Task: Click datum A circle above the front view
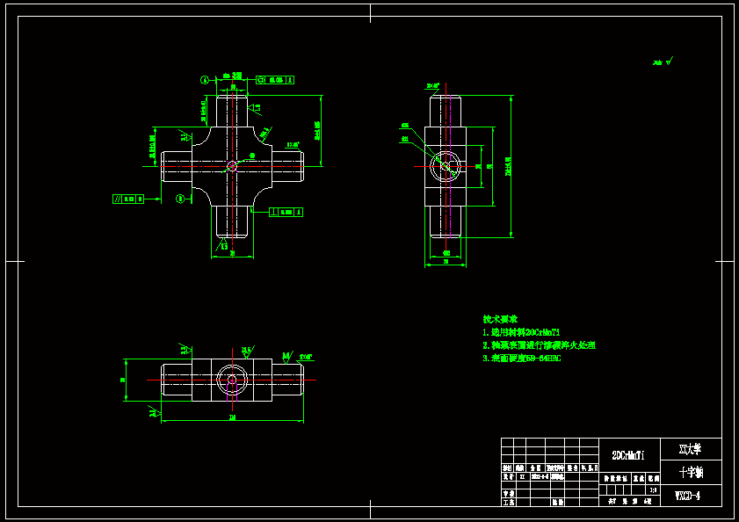tap(205, 80)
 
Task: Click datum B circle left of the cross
tap(180, 199)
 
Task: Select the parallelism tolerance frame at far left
tap(129, 199)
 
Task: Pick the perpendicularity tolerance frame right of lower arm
tap(286, 212)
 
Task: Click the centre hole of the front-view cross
tap(232, 165)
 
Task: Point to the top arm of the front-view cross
tap(232, 110)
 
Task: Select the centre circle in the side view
tap(446, 165)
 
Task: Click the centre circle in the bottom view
tap(232, 380)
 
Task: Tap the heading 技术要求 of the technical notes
tap(500, 319)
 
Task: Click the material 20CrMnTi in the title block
tap(628, 455)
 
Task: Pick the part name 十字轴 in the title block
tap(691, 472)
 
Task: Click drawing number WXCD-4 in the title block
tap(687, 496)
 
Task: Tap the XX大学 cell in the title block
tap(691, 449)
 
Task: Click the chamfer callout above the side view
tap(432, 86)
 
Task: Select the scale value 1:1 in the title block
tap(653, 489)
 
